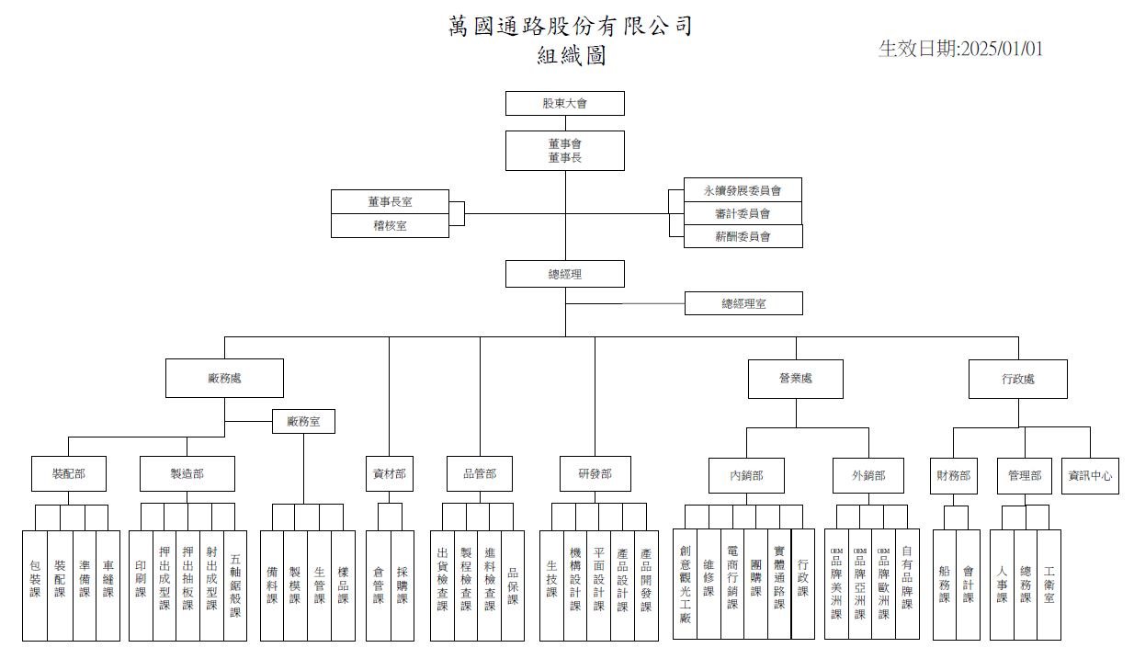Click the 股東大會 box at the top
click(564, 103)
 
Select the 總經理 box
click(564, 274)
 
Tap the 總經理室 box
click(743, 303)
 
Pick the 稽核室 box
click(390, 226)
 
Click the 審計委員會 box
click(743, 213)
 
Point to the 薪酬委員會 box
click(743, 236)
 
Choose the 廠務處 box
click(224, 378)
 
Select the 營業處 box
click(795, 378)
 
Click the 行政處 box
click(1017, 378)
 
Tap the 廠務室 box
click(303, 422)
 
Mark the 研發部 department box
click(595, 474)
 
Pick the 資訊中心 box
click(1090, 476)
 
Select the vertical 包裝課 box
click(35, 585)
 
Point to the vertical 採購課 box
click(402, 585)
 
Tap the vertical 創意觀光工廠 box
click(685, 585)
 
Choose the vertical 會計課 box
click(968, 585)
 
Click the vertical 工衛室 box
click(1049, 585)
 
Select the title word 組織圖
click(571, 56)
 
